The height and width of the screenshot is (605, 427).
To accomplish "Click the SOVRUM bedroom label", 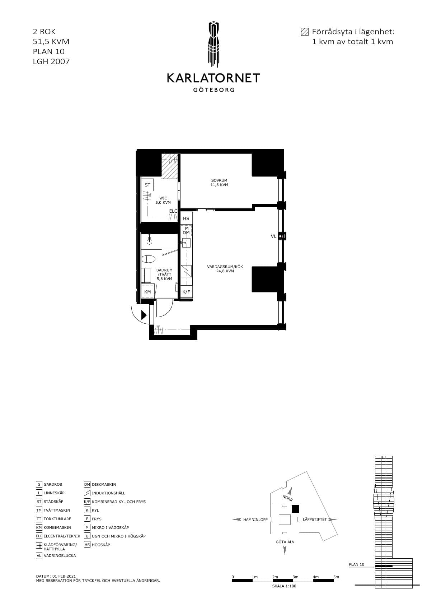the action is pos(219,183).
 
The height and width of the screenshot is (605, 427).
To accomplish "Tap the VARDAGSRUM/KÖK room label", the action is pos(225,269).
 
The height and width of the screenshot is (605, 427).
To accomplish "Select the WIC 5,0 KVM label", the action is pos(163,200).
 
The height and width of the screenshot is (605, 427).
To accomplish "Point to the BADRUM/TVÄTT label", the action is pos(164,274).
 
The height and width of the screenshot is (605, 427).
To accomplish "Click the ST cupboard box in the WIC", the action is pos(147,185).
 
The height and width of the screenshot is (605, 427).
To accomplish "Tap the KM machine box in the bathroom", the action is pos(147,292).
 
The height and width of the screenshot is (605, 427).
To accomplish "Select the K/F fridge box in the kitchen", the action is pos(186,292).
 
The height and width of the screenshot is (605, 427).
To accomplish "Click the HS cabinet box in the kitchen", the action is pos(186,218).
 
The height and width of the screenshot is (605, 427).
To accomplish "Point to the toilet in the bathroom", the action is pos(148,259).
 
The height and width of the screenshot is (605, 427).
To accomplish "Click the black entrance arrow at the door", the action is pos(144,315).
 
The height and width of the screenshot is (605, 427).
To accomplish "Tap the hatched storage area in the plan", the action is pos(169,166).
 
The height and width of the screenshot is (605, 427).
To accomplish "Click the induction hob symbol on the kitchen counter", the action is pos(186,271).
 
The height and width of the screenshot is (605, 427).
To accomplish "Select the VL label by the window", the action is pos(273,236).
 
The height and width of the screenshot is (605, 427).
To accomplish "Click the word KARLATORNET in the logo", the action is pos(213,78).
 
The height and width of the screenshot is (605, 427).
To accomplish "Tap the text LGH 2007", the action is pos(51,61).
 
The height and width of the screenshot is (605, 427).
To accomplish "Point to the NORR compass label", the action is pos(287,498).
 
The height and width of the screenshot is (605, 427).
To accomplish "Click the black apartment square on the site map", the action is pos(296,509).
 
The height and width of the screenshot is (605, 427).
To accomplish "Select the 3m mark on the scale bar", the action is pos(295,577).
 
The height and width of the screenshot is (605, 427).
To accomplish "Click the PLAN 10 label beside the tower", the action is pos(357,564).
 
